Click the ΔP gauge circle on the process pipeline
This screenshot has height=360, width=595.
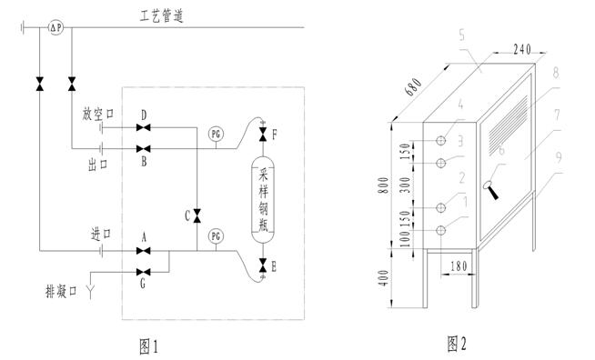click(x=55, y=27)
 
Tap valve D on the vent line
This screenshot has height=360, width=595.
click(x=144, y=127)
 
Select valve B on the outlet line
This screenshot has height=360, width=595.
click(x=144, y=148)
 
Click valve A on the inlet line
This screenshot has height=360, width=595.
click(x=144, y=251)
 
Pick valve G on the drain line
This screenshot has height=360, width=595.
click(x=144, y=272)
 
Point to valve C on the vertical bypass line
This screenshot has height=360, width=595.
click(x=197, y=215)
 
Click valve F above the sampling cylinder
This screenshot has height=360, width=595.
click(x=263, y=135)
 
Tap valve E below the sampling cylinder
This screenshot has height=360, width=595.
click(x=263, y=265)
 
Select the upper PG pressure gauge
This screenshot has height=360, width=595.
click(x=216, y=135)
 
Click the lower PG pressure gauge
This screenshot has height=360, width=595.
click(x=216, y=236)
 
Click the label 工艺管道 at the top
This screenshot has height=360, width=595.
click(x=162, y=16)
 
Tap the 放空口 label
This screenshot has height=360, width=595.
click(x=98, y=114)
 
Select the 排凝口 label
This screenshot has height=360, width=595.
click(x=61, y=292)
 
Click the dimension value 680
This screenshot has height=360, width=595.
click(x=413, y=87)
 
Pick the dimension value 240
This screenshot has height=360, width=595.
click(x=522, y=49)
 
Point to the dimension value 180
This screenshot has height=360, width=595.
click(x=459, y=266)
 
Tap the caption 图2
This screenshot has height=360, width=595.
click(x=457, y=344)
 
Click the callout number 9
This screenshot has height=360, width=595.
click(x=558, y=157)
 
